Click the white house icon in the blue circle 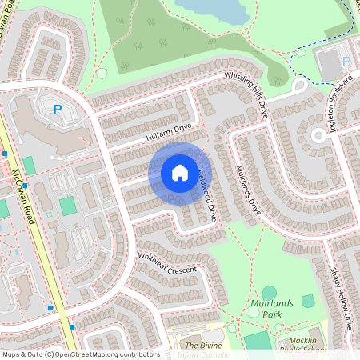point(180,172)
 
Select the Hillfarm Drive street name point(170,131)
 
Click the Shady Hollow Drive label point(342,299)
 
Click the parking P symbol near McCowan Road point(57,110)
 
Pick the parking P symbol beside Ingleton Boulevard point(346,61)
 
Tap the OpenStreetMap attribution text point(80,354)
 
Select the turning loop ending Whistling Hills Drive point(301,86)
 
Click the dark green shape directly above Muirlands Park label point(269,293)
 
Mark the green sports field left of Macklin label point(258,342)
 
